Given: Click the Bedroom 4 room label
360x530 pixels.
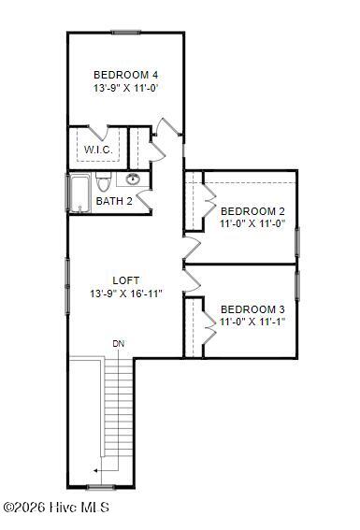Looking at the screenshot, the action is (x=125, y=75).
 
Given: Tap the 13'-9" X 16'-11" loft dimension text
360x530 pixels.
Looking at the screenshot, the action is (x=126, y=294).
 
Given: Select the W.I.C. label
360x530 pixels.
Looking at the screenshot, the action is (x=98, y=150).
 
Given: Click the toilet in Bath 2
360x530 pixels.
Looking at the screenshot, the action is (x=102, y=182).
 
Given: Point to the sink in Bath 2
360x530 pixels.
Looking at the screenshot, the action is (x=133, y=179).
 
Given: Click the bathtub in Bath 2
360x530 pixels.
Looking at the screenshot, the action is (x=79, y=193).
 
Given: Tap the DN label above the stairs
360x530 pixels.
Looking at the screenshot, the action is (x=119, y=344).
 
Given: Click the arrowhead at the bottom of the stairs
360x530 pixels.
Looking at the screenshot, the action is (x=95, y=470).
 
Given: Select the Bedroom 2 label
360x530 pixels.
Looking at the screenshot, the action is (x=252, y=211).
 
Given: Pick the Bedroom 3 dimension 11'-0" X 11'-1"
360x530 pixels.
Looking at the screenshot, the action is (x=252, y=322).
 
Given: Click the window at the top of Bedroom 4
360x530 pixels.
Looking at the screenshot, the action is (x=125, y=33).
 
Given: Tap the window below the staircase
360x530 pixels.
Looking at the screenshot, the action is (x=101, y=487).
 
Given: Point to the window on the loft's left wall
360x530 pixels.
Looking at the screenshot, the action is (x=67, y=286).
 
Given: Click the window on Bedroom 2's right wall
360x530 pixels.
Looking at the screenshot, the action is (x=297, y=242).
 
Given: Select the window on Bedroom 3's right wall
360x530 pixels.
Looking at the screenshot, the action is (x=297, y=285).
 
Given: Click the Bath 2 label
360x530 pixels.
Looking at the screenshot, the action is (x=114, y=201).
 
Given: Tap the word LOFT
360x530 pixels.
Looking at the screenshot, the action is (x=125, y=280).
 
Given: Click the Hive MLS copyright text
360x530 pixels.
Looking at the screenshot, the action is (x=56, y=508).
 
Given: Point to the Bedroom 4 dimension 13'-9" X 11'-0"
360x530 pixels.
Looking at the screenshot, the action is (x=125, y=88).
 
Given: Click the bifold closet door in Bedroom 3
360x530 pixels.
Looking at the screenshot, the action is (x=209, y=328).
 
